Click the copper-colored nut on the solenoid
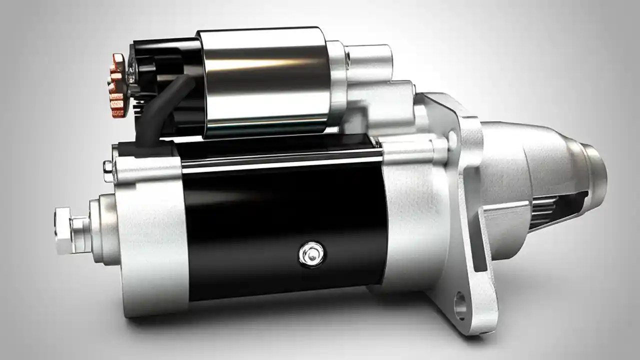[x=117, y=86]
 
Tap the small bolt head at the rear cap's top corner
[x=108, y=165]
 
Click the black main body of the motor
[x=280, y=220]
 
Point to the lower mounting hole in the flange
[x=460, y=304]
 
